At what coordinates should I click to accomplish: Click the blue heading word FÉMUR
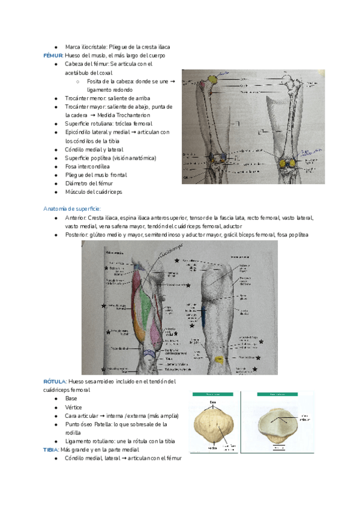coord(53,55)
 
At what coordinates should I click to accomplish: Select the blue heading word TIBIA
coord(53,450)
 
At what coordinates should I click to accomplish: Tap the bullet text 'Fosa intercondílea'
coord(88,166)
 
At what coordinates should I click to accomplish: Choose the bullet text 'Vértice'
coord(74,407)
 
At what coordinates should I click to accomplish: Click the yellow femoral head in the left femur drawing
coord(214,79)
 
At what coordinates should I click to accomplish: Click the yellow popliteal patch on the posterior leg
coord(218,359)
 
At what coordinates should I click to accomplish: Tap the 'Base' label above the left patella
coord(212,402)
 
